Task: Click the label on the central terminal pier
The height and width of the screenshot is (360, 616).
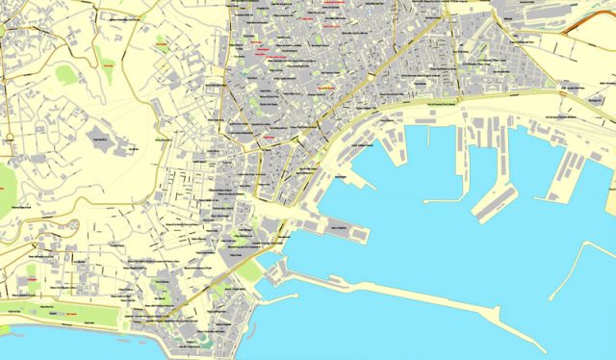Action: (337, 227)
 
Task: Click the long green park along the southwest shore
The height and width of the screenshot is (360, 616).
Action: (58, 309)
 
